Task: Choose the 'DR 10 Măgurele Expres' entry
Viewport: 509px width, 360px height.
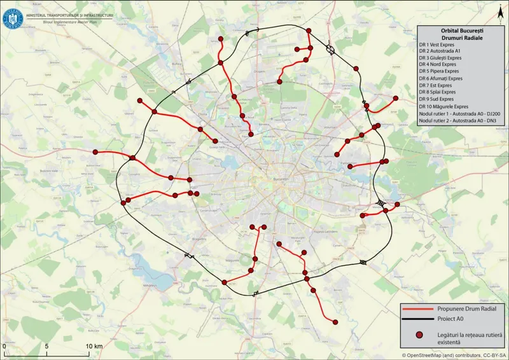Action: (x=444, y=106)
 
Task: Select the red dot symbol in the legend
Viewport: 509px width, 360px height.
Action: (x=421, y=335)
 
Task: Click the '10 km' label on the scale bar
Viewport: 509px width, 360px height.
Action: (x=94, y=345)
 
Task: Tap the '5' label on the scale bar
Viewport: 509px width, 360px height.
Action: (x=46, y=345)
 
